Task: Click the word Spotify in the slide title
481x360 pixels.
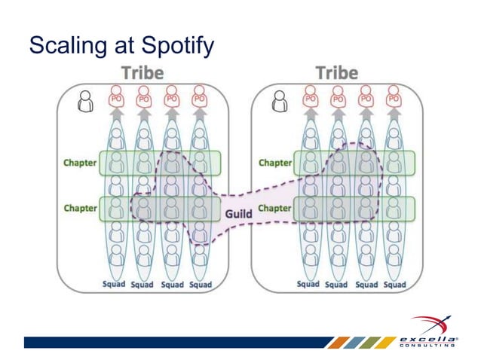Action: click(x=174, y=47)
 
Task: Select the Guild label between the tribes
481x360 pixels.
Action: click(x=239, y=214)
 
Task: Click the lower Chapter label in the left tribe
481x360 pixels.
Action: click(x=78, y=207)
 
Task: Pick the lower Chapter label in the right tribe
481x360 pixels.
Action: click(x=274, y=207)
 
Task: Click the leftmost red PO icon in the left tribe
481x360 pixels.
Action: click(x=116, y=98)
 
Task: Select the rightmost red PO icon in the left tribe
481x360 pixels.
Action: click(x=200, y=98)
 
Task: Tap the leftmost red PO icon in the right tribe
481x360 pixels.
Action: click(x=310, y=98)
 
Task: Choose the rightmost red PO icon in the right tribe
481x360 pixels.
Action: click(x=393, y=98)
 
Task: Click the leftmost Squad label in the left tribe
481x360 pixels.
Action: click(x=115, y=285)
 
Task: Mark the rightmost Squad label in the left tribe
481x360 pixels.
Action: click(x=201, y=285)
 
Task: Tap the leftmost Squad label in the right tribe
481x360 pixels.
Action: click(x=308, y=285)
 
